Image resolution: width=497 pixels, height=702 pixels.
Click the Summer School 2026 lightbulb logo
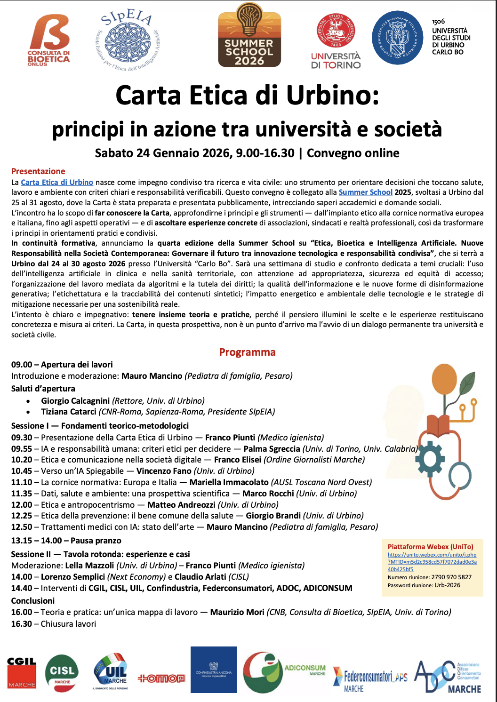tap(249, 35)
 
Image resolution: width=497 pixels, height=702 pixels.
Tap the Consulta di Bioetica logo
tap(48, 40)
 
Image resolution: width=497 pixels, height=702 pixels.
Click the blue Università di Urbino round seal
tap(398, 38)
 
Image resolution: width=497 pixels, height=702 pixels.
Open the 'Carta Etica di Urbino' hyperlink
tap(57, 183)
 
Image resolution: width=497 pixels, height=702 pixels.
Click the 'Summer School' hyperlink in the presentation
tap(365, 192)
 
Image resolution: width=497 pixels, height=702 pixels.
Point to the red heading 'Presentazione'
tap(38, 171)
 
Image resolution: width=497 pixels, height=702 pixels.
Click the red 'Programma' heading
tap(247, 352)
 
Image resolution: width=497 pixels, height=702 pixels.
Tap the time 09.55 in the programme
tap(22, 449)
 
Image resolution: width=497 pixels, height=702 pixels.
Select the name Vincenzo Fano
tap(164, 471)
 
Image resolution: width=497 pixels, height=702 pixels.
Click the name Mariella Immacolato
tap(229, 482)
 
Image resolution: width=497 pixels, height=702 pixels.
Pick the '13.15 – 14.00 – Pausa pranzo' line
tap(66, 541)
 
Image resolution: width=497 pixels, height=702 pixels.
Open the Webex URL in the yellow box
tap(432, 562)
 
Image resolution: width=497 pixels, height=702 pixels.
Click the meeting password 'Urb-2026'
tap(447, 585)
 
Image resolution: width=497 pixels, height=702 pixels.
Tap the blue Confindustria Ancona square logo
tap(213, 670)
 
